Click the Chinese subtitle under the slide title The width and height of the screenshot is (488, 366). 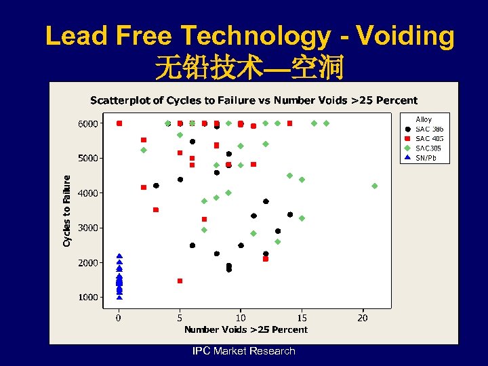coord(249,68)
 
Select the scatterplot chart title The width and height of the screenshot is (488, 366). coord(253,101)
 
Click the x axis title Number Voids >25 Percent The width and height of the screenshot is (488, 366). coord(246,330)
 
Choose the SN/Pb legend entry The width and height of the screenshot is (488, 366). coord(427,158)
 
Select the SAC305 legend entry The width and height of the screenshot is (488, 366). coord(428,148)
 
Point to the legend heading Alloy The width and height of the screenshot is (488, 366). coord(424,120)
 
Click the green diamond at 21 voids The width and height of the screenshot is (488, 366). coord(375,186)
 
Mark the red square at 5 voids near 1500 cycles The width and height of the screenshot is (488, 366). coord(180,281)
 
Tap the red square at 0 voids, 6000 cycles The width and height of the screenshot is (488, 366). coord(119,123)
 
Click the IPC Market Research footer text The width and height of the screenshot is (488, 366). coord(243,351)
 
